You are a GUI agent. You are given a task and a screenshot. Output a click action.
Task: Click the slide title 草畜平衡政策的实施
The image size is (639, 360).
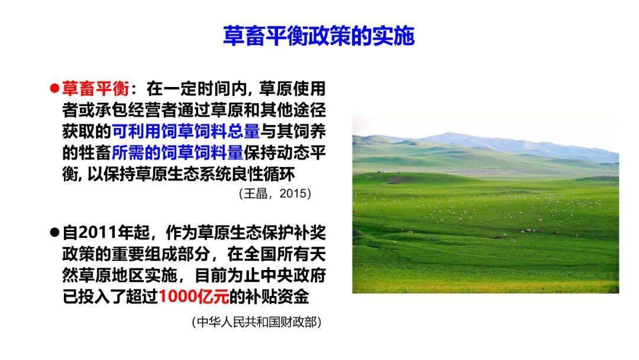tap(319, 36)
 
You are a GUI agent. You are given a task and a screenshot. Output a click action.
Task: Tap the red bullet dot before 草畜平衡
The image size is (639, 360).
tap(54, 88)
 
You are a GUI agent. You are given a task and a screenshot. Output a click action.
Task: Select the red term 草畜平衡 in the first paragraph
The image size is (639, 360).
tap(95, 88)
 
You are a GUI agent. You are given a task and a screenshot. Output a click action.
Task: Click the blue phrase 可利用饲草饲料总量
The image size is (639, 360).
tap(186, 131)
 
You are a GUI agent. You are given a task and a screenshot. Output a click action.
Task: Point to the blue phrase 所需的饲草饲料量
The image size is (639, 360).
tap(177, 153)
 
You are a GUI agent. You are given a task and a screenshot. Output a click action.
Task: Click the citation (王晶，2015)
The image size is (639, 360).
tap(275, 193)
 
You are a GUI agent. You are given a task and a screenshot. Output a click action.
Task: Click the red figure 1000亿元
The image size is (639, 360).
tap(194, 297)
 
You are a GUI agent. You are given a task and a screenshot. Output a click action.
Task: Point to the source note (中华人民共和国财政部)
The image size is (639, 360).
tap(257, 322)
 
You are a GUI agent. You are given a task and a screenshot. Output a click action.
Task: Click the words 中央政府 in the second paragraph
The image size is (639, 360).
tap(293, 275)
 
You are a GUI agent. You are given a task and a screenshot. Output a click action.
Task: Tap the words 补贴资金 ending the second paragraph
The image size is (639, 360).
tap(277, 297)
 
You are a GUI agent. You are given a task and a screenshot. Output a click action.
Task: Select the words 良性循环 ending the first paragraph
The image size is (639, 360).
tap(262, 174)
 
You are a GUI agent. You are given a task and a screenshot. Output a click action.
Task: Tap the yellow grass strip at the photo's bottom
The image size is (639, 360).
tap(486, 286)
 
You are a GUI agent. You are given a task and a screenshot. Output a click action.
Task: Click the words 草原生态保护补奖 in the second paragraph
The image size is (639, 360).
tap(262, 233)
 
